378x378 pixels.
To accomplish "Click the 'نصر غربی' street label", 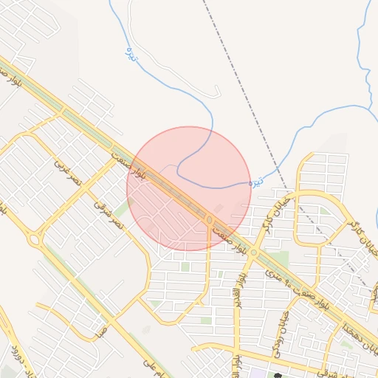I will point(71,171).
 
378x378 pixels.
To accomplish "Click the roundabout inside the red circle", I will point(210,220).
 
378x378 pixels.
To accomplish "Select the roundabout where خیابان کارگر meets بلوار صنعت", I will point(253,252).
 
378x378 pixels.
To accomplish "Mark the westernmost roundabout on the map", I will point(33,240).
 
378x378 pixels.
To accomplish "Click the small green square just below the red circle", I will point(185,267).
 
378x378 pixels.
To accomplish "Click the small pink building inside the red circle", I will point(217,208).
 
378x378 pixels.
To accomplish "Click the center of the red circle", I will point(189,189).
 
